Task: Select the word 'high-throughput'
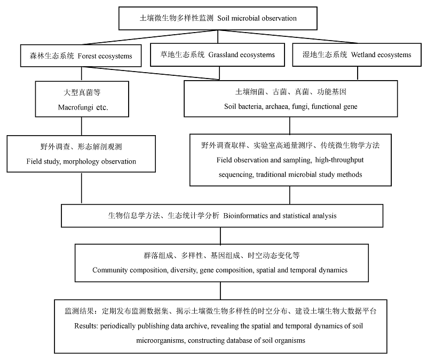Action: click(x=339, y=160)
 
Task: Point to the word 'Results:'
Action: click(x=86, y=326)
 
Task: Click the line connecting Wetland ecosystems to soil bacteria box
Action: click(x=357, y=73)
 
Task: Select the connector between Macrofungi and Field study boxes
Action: click(x=82, y=126)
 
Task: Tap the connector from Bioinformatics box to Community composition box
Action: click(x=220, y=236)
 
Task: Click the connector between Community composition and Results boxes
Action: click(x=220, y=291)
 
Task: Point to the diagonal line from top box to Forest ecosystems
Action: click(x=149, y=37)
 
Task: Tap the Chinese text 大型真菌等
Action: click(x=82, y=92)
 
